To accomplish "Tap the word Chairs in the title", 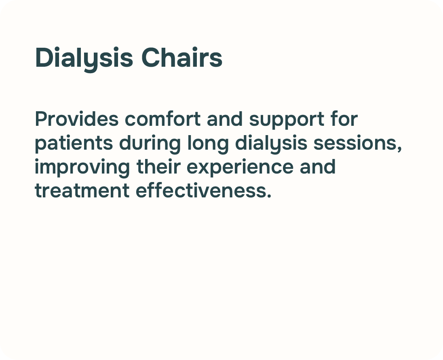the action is pyautogui.click(x=181, y=57).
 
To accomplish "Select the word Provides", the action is pyautogui.click(x=77, y=119).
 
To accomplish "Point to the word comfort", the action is pyautogui.click(x=163, y=119).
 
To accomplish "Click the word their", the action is pyautogui.click(x=158, y=166).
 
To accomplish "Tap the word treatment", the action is pyautogui.click(x=82, y=191).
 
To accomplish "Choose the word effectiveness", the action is pyautogui.click(x=201, y=190).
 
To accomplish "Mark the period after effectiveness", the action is pyautogui.click(x=269, y=195).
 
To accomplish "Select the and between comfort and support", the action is pyautogui.click(x=225, y=119).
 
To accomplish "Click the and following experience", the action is pyautogui.click(x=318, y=166).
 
